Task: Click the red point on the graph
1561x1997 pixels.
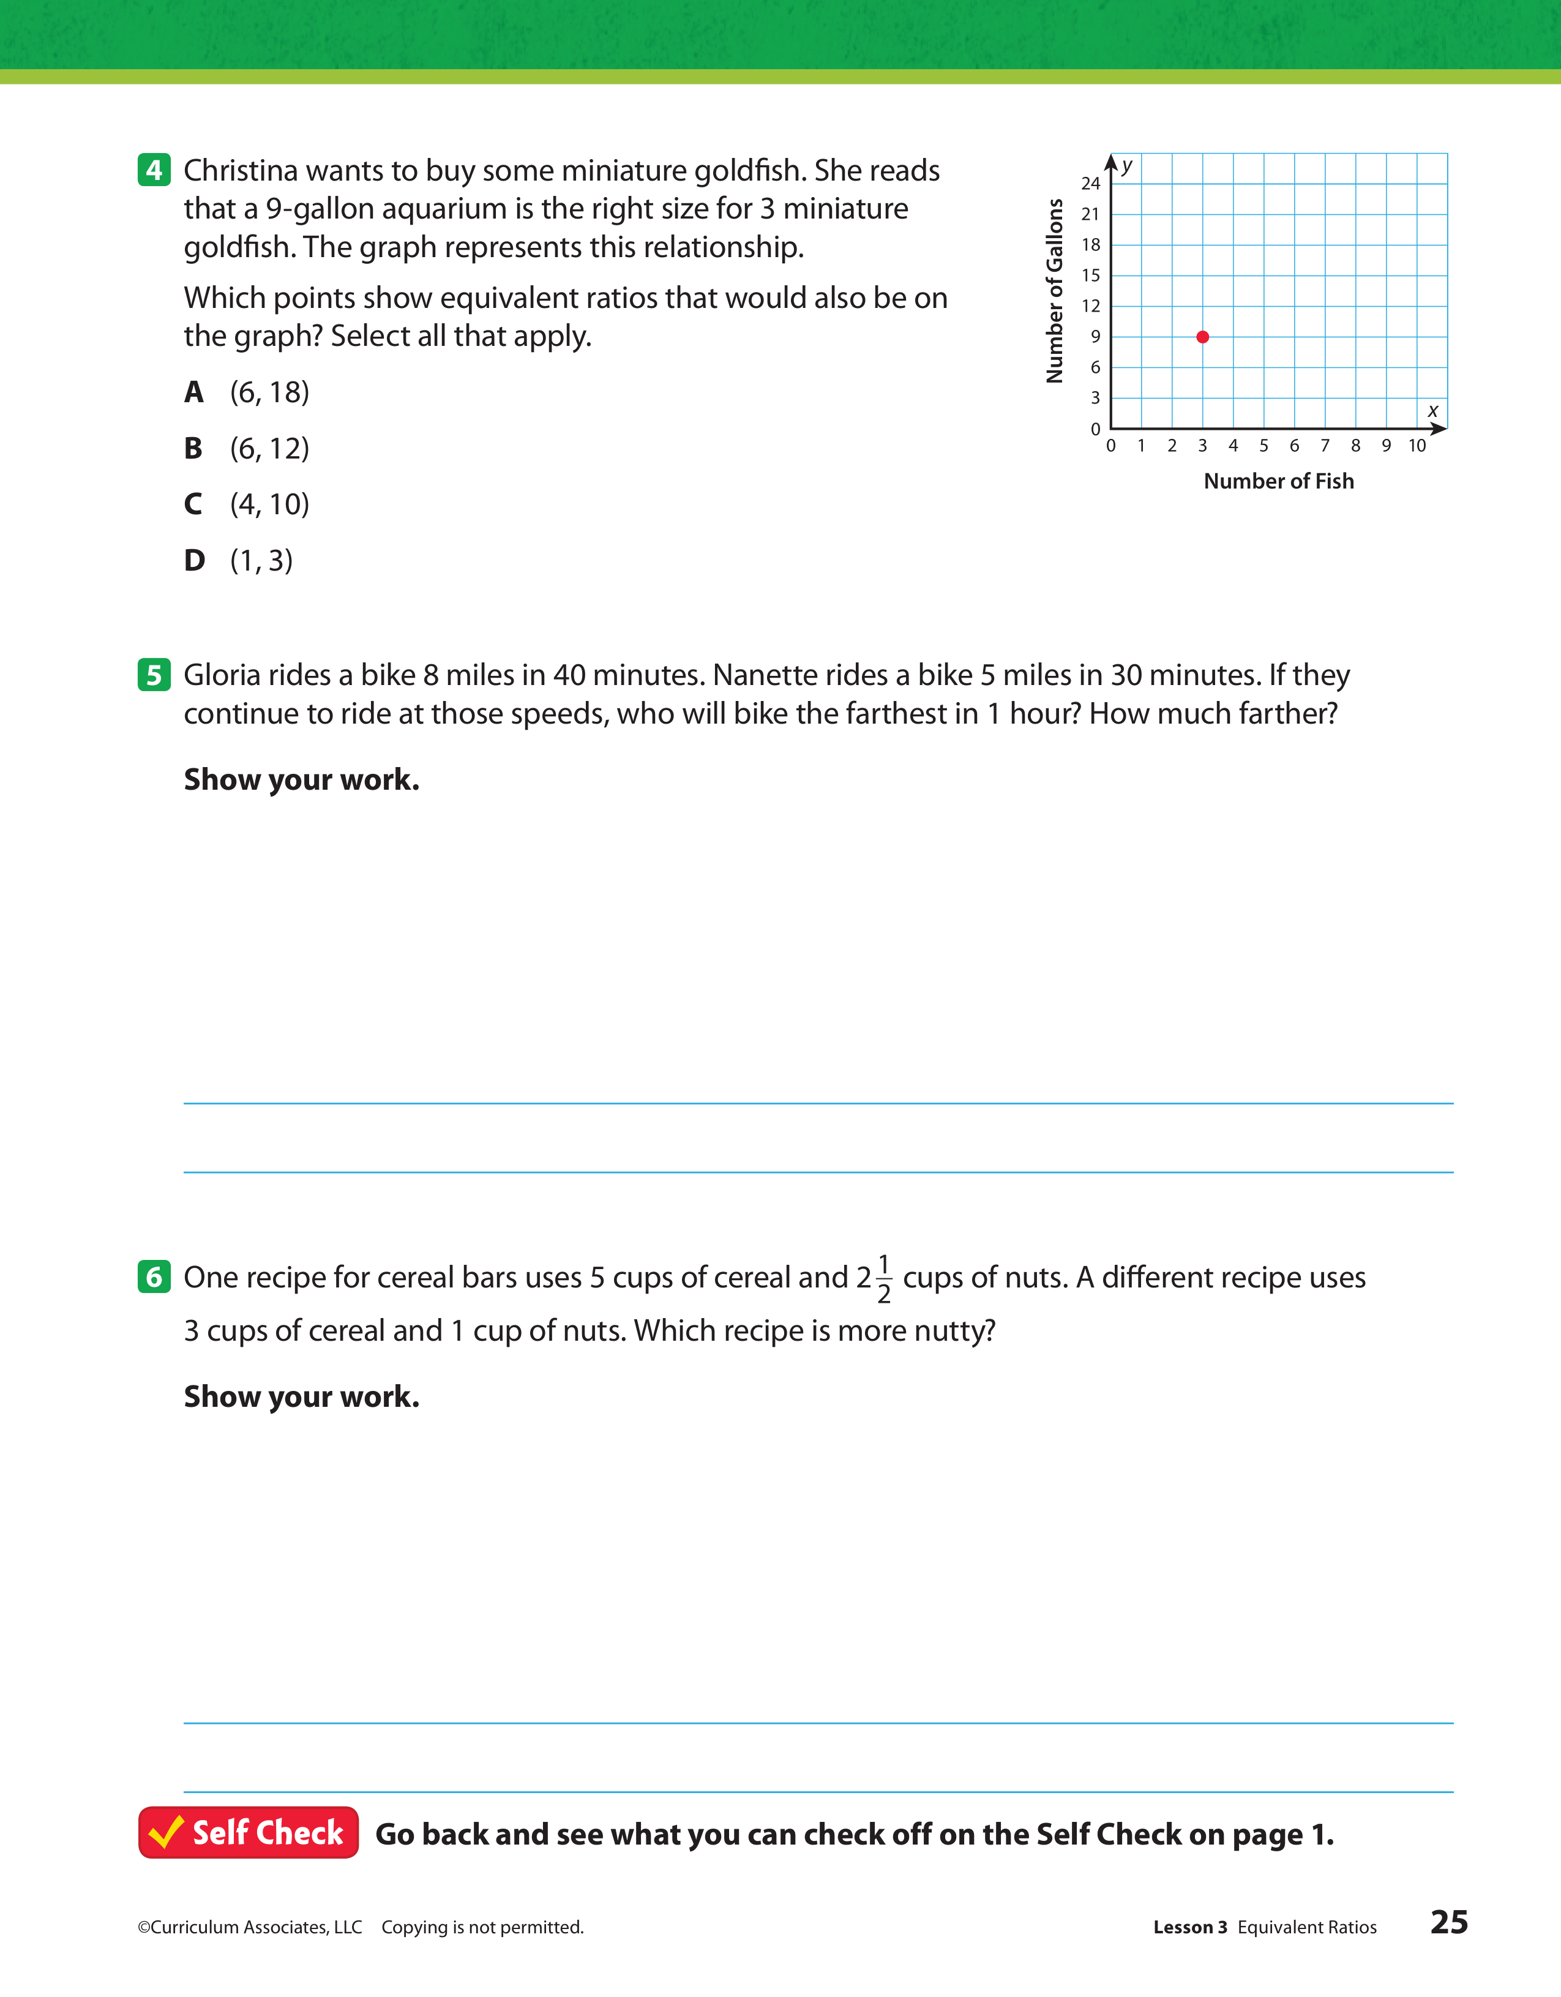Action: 1202,337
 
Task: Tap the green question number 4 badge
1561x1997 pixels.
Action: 154,170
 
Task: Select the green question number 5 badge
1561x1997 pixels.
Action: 154,675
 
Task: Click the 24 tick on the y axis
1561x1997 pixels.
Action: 1090,184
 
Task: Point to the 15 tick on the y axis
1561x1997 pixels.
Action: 1090,275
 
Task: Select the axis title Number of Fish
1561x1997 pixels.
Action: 1278,481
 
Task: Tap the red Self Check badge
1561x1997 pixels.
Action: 248,1832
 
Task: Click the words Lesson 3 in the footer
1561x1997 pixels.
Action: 1189,1927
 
